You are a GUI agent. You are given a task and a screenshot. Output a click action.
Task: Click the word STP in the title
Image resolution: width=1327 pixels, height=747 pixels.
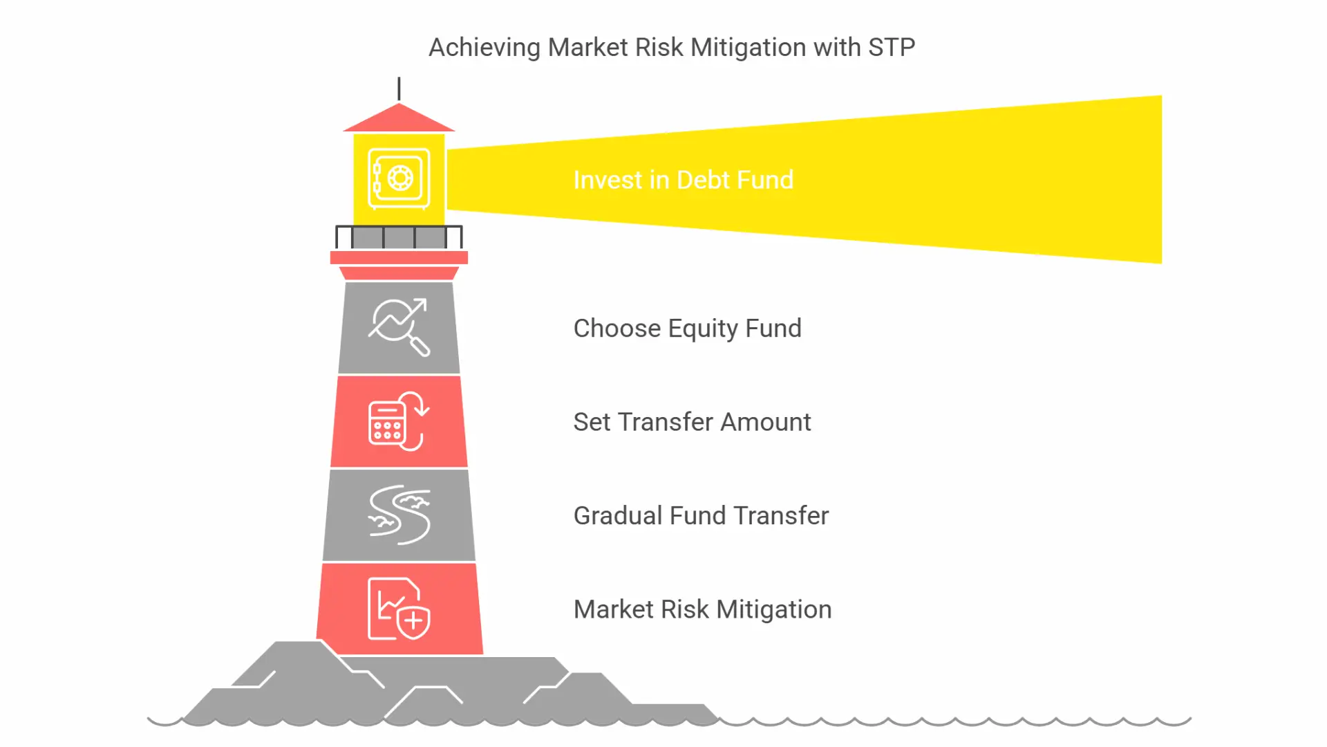[x=892, y=48]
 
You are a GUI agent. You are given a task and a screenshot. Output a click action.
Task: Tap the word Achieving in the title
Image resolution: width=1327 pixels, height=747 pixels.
[x=484, y=48]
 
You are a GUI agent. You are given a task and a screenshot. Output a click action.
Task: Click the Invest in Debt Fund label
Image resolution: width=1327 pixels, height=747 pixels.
[x=684, y=180]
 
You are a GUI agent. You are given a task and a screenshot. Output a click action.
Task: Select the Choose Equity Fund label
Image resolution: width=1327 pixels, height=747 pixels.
[x=688, y=329]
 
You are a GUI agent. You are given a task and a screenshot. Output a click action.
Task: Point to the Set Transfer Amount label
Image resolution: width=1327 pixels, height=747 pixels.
[x=692, y=422]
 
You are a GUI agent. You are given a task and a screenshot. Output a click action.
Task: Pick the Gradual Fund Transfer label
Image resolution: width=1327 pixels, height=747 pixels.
[x=701, y=515]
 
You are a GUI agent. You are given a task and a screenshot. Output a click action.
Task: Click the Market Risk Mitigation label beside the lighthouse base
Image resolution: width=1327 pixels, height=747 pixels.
[x=702, y=609]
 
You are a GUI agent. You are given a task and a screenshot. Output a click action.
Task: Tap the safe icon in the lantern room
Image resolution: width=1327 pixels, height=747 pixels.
[x=399, y=178]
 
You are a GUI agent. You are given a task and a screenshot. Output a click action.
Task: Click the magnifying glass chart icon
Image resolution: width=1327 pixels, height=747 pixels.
[x=399, y=327]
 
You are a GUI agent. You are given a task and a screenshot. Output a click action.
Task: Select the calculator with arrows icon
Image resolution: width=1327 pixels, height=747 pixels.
[x=399, y=421]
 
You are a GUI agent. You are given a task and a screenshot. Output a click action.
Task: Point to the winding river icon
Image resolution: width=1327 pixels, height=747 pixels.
[x=399, y=515]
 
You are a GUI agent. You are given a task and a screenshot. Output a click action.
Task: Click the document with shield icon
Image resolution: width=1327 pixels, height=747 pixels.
[x=399, y=609]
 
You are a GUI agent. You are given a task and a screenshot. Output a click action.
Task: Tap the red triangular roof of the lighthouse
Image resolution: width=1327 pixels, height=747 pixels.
[x=399, y=118]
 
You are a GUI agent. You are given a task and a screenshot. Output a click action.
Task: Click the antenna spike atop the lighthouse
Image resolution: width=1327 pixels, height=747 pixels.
[x=399, y=89]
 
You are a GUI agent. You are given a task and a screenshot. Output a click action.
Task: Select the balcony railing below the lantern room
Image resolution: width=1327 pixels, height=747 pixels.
[x=399, y=237]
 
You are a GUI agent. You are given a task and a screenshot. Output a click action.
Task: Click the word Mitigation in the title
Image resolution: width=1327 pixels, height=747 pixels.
[x=749, y=48]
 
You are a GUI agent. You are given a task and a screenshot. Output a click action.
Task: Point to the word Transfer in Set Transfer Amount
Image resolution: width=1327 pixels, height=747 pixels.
[x=666, y=422]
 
